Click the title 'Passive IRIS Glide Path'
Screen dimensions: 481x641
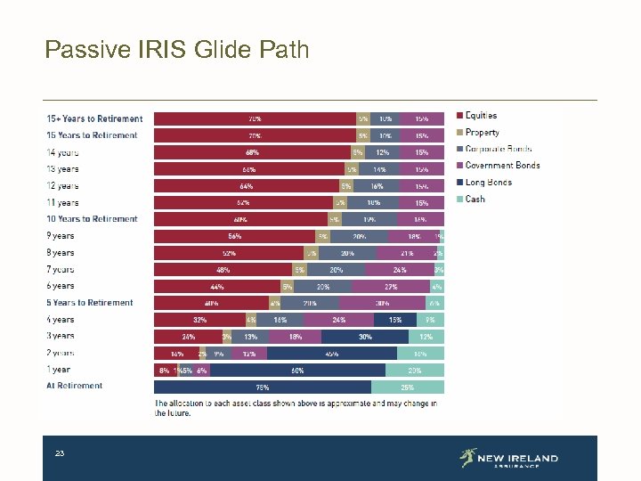tap(177, 49)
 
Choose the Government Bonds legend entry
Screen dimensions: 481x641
tap(498, 166)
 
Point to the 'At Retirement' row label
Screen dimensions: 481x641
tap(74, 387)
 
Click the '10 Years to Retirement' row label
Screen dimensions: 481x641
tap(92, 219)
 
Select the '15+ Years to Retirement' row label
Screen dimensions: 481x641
tap(94, 118)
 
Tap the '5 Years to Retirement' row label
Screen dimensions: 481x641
tap(89, 303)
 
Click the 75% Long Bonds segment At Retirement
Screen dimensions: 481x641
tap(263, 387)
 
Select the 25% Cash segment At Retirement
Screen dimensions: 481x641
tap(408, 387)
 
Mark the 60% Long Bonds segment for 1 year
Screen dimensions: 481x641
tap(297, 370)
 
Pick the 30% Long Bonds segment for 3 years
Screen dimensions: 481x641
tap(365, 337)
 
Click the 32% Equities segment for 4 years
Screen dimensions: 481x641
tap(199, 320)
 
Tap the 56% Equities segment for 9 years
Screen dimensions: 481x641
tap(235, 236)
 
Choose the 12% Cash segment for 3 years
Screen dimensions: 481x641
tap(426, 337)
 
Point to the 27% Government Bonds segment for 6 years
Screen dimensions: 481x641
tap(390, 286)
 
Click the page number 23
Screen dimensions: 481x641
tap(60, 454)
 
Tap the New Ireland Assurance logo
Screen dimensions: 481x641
tap(508, 459)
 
